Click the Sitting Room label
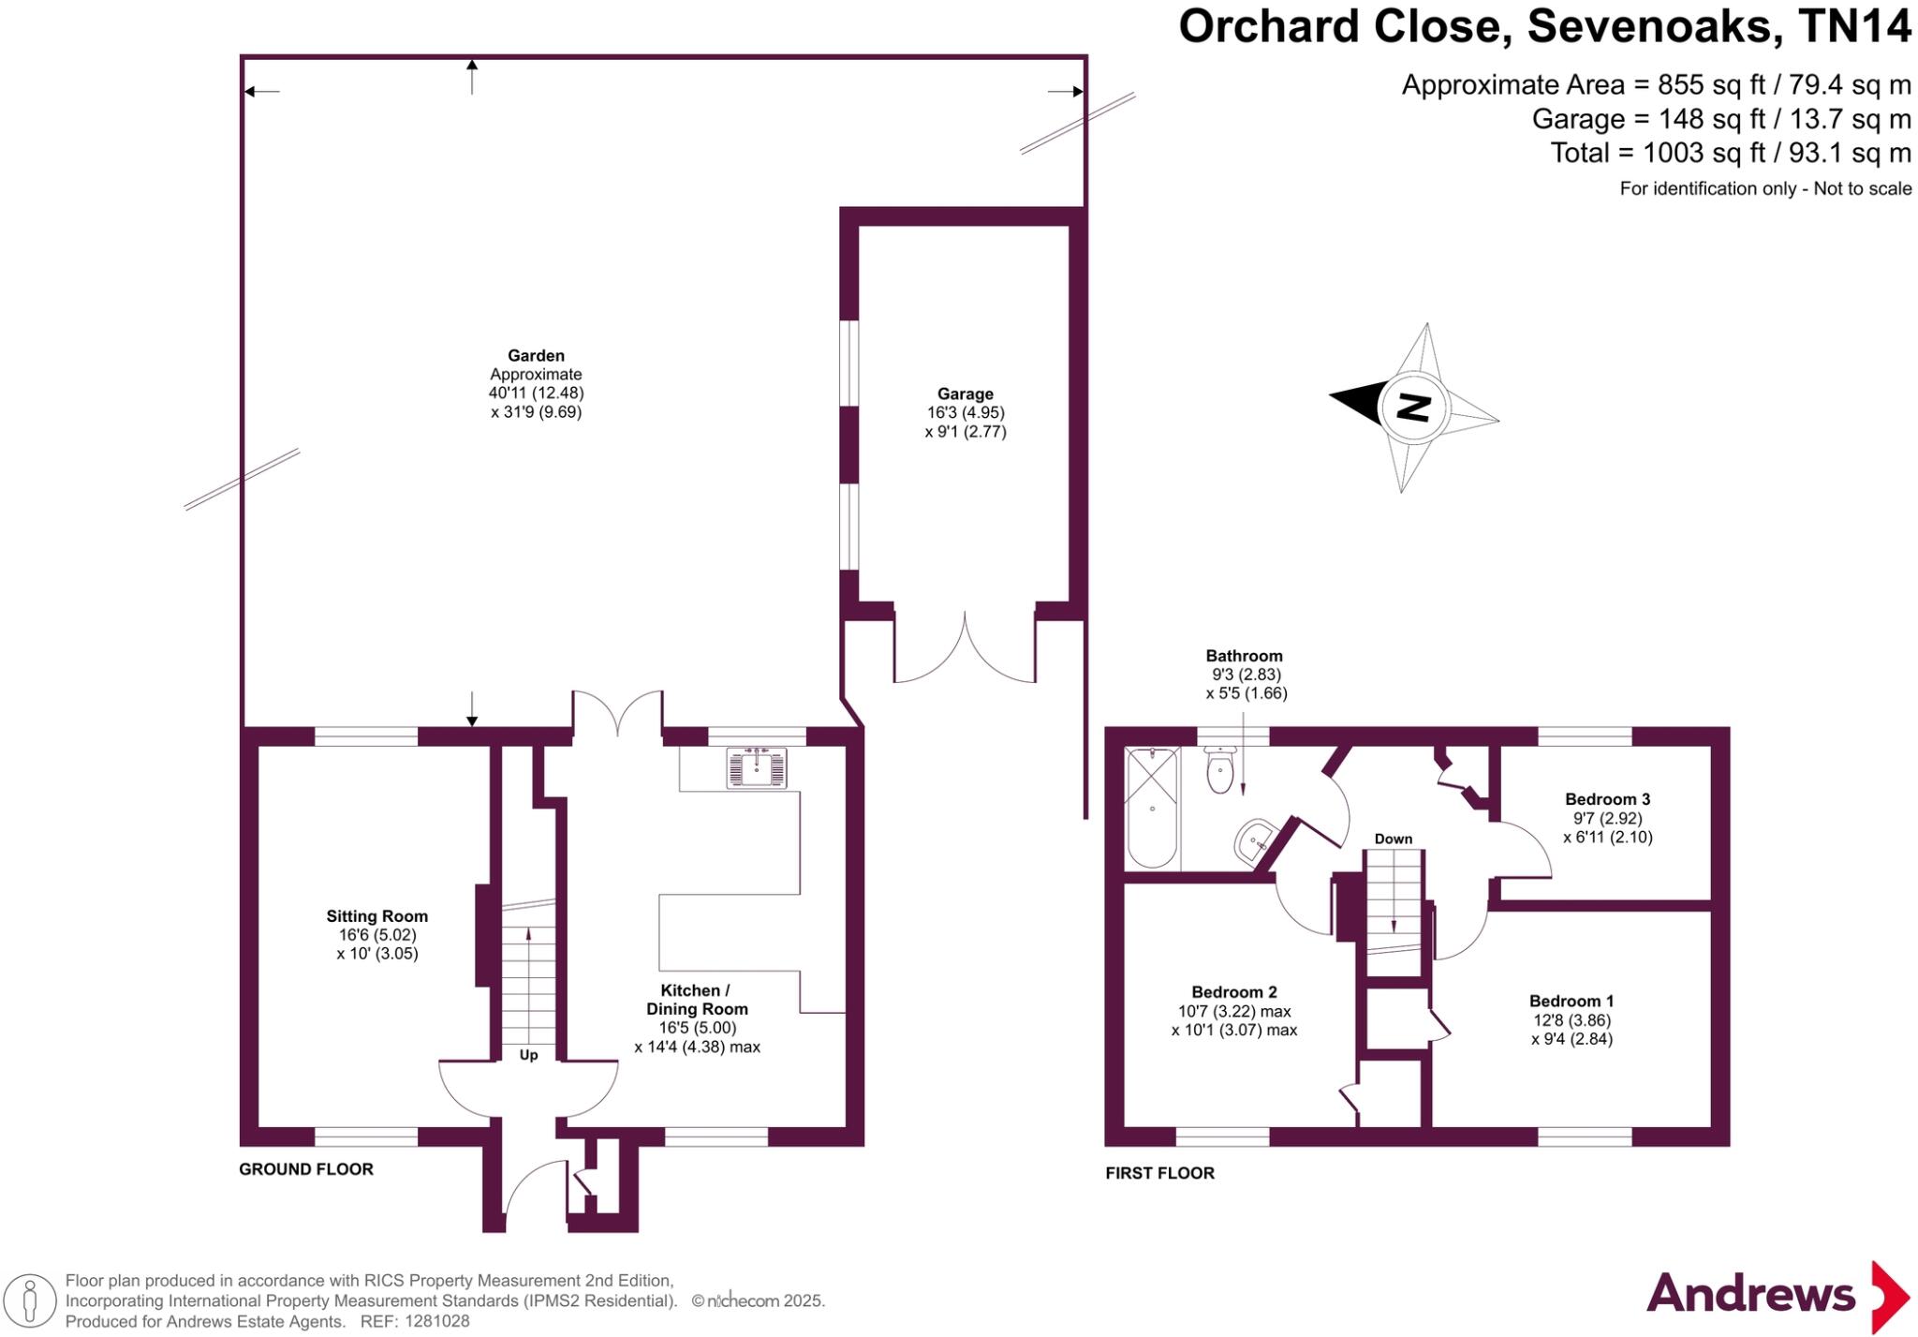tap(376, 916)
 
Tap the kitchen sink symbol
tap(757, 767)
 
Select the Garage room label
tap(965, 394)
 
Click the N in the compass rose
tap(1414, 408)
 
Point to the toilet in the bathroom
tap(1219, 771)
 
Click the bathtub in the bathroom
tap(1151, 808)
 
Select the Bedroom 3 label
tap(1607, 799)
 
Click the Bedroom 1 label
tap(1571, 1001)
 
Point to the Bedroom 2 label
tap(1233, 992)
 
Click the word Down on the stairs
tap(1393, 839)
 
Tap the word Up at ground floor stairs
tap(528, 1055)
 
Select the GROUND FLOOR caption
tap(306, 1169)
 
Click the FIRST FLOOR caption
tap(1159, 1173)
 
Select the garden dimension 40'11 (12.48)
tap(536, 393)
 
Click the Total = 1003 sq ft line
tap(1730, 153)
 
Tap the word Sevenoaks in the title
tap(1655, 26)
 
